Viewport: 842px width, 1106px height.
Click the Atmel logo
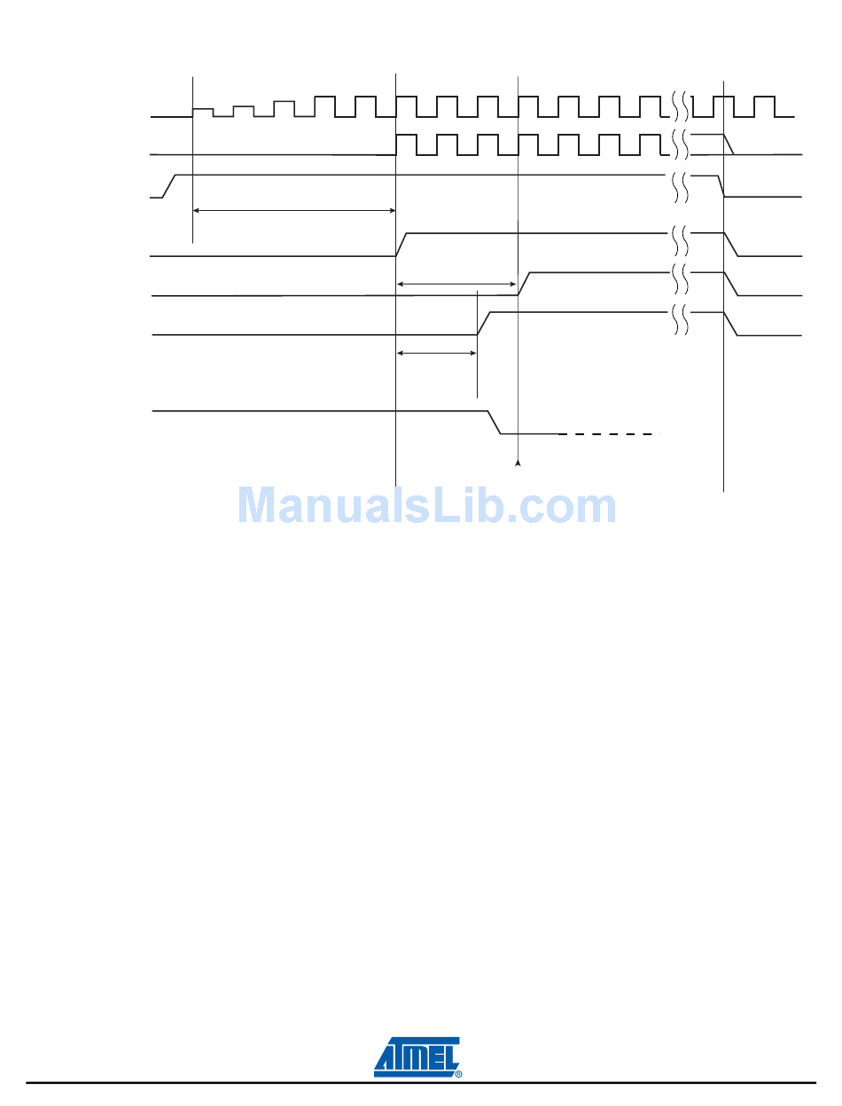(417, 1056)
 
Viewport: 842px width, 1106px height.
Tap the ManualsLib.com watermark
(426, 506)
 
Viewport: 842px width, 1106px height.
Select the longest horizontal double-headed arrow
(293, 210)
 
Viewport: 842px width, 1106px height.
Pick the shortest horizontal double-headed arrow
(437, 353)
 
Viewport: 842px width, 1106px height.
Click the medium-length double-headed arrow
(456, 284)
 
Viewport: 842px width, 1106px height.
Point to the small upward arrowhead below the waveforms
(518, 463)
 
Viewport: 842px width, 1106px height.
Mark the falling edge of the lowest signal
(495, 423)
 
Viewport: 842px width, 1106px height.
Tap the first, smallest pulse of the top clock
(203, 112)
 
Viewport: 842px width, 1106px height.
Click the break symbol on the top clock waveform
(680, 105)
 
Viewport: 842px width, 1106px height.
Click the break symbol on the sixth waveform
(680, 320)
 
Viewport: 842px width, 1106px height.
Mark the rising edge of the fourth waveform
(402, 244)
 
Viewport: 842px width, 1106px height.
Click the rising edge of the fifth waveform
(524, 284)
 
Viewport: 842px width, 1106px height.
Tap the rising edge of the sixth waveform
(484, 323)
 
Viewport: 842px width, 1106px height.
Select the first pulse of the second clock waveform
(406, 144)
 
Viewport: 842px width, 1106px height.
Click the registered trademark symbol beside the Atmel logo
(458, 1074)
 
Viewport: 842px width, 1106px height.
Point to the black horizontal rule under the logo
(420, 1083)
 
